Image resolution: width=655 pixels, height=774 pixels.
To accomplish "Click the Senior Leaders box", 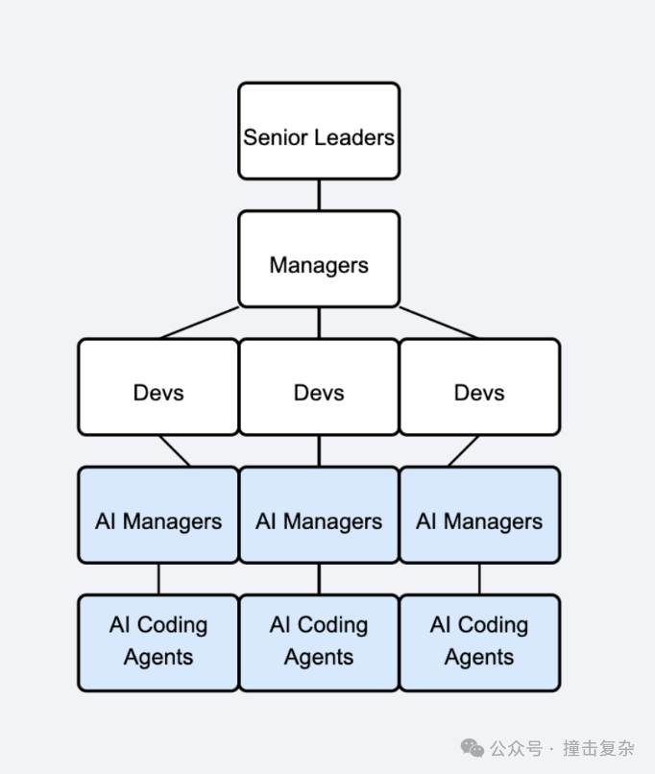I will tap(319, 131).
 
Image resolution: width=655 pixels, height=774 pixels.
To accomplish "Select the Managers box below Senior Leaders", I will tap(319, 259).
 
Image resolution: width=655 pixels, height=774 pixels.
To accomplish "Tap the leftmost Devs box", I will tap(158, 387).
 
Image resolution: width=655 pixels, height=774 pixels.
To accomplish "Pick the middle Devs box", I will tap(319, 387).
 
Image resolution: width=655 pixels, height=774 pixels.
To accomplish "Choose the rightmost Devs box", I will tap(479, 387).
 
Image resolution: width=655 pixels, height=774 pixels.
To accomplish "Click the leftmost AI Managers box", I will tap(158, 516).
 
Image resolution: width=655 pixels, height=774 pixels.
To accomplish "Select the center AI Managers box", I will tap(319, 516).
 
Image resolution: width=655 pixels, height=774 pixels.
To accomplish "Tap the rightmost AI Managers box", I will tap(479, 516).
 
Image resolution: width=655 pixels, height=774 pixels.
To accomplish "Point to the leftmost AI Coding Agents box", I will tap(158, 642).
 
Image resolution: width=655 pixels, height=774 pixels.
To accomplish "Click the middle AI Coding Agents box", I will tap(319, 642).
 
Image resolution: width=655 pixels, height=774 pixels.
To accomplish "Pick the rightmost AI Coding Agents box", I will tap(479, 642).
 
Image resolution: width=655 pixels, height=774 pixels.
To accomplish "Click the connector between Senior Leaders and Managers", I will tap(319, 195).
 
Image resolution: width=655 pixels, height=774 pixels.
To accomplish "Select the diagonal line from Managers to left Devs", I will tap(199, 323).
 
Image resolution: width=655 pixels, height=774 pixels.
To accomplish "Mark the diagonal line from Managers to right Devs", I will tap(439, 323).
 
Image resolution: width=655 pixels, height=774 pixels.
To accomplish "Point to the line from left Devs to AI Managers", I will tap(174, 450).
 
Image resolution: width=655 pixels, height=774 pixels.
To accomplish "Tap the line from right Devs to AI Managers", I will tap(463, 450).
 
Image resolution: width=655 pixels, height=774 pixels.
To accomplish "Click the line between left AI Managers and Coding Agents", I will tap(158, 579).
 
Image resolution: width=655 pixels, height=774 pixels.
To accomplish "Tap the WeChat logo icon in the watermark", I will tap(473, 748).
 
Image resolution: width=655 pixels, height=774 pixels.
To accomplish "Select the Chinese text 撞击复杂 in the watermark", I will tap(598, 748).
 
